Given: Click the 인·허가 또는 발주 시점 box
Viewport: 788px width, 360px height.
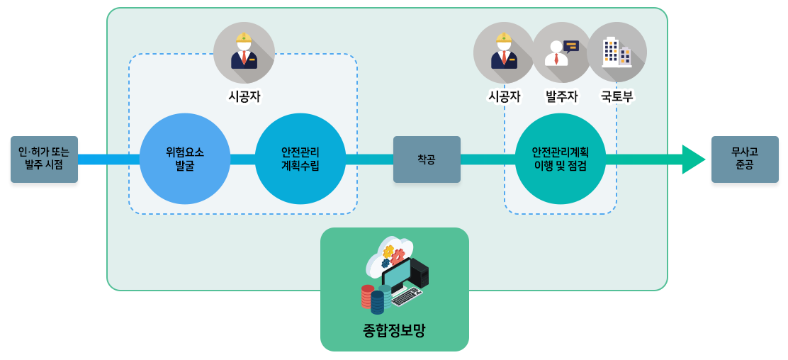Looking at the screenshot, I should point(44,159).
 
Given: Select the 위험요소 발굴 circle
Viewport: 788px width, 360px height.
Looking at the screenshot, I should point(185,159).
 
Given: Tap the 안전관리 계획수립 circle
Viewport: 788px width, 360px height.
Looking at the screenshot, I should point(300,159).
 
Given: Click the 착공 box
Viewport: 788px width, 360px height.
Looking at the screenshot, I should point(427,159).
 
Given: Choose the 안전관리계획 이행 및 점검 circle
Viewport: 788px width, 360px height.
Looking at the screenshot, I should point(560,159).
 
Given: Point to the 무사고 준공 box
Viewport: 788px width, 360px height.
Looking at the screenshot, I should point(744,159).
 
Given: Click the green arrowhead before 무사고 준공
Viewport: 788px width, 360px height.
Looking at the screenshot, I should point(692,159).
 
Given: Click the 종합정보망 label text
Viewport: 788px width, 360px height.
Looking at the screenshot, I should point(394,330).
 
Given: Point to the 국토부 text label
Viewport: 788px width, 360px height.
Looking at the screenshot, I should point(617,96).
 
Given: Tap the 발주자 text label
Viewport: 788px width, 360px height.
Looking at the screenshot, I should point(561,96).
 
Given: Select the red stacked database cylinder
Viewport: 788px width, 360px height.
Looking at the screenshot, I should point(367,296).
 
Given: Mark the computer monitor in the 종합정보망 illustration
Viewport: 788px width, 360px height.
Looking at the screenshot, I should point(397,274).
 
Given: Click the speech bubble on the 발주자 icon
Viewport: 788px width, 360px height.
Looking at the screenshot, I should point(571,46).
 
